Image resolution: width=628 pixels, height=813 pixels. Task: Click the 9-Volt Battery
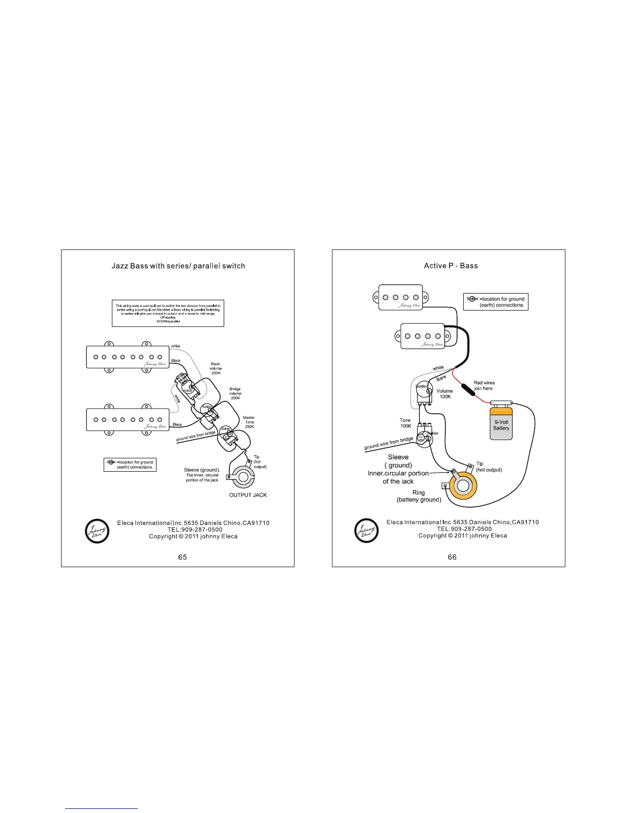tap(501, 422)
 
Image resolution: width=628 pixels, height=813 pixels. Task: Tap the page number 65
tap(183, 557)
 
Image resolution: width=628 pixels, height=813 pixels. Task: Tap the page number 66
tap(452, 557)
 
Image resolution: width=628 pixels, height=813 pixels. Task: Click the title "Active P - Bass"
tap(450, 266)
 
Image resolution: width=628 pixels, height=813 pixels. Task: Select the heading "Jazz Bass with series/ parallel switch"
tap(178, 266)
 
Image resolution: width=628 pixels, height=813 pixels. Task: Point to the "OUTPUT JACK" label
tap(248, 495)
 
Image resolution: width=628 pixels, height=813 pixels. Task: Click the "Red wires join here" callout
tap(484, 385)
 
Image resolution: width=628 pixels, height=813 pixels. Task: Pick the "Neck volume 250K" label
tap(215, 369)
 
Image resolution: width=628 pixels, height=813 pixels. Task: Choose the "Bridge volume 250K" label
tap(235, 394)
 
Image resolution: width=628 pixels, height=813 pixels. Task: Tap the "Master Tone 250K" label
tap(249, 422)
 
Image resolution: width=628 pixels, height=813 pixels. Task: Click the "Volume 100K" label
tap(445, 394)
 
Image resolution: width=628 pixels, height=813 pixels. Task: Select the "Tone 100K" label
tap(405, 423)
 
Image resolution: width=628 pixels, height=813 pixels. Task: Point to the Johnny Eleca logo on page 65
tap(97, 531)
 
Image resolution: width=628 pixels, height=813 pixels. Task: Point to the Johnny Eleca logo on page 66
tap(367, 530)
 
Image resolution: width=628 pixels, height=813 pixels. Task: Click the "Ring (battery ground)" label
tap(419, 496)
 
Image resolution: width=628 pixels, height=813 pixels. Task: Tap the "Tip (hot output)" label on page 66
tap(488, 467)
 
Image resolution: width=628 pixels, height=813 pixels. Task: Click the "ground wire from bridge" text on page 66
tap(388, 444)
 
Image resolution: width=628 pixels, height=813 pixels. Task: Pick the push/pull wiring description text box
tap(167, 314)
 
